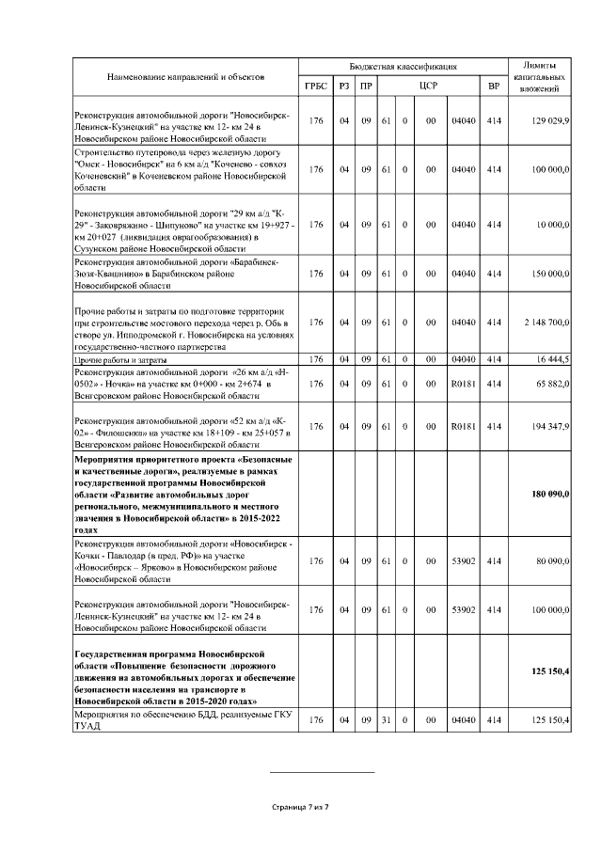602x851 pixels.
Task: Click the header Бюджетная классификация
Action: pos(403,67)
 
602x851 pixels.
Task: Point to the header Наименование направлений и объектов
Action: pos(185,74)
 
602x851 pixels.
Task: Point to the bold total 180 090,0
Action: pos(550,494)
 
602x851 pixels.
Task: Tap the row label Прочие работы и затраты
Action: pos(123,359)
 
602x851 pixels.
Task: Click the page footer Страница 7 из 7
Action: pos(300,807)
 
